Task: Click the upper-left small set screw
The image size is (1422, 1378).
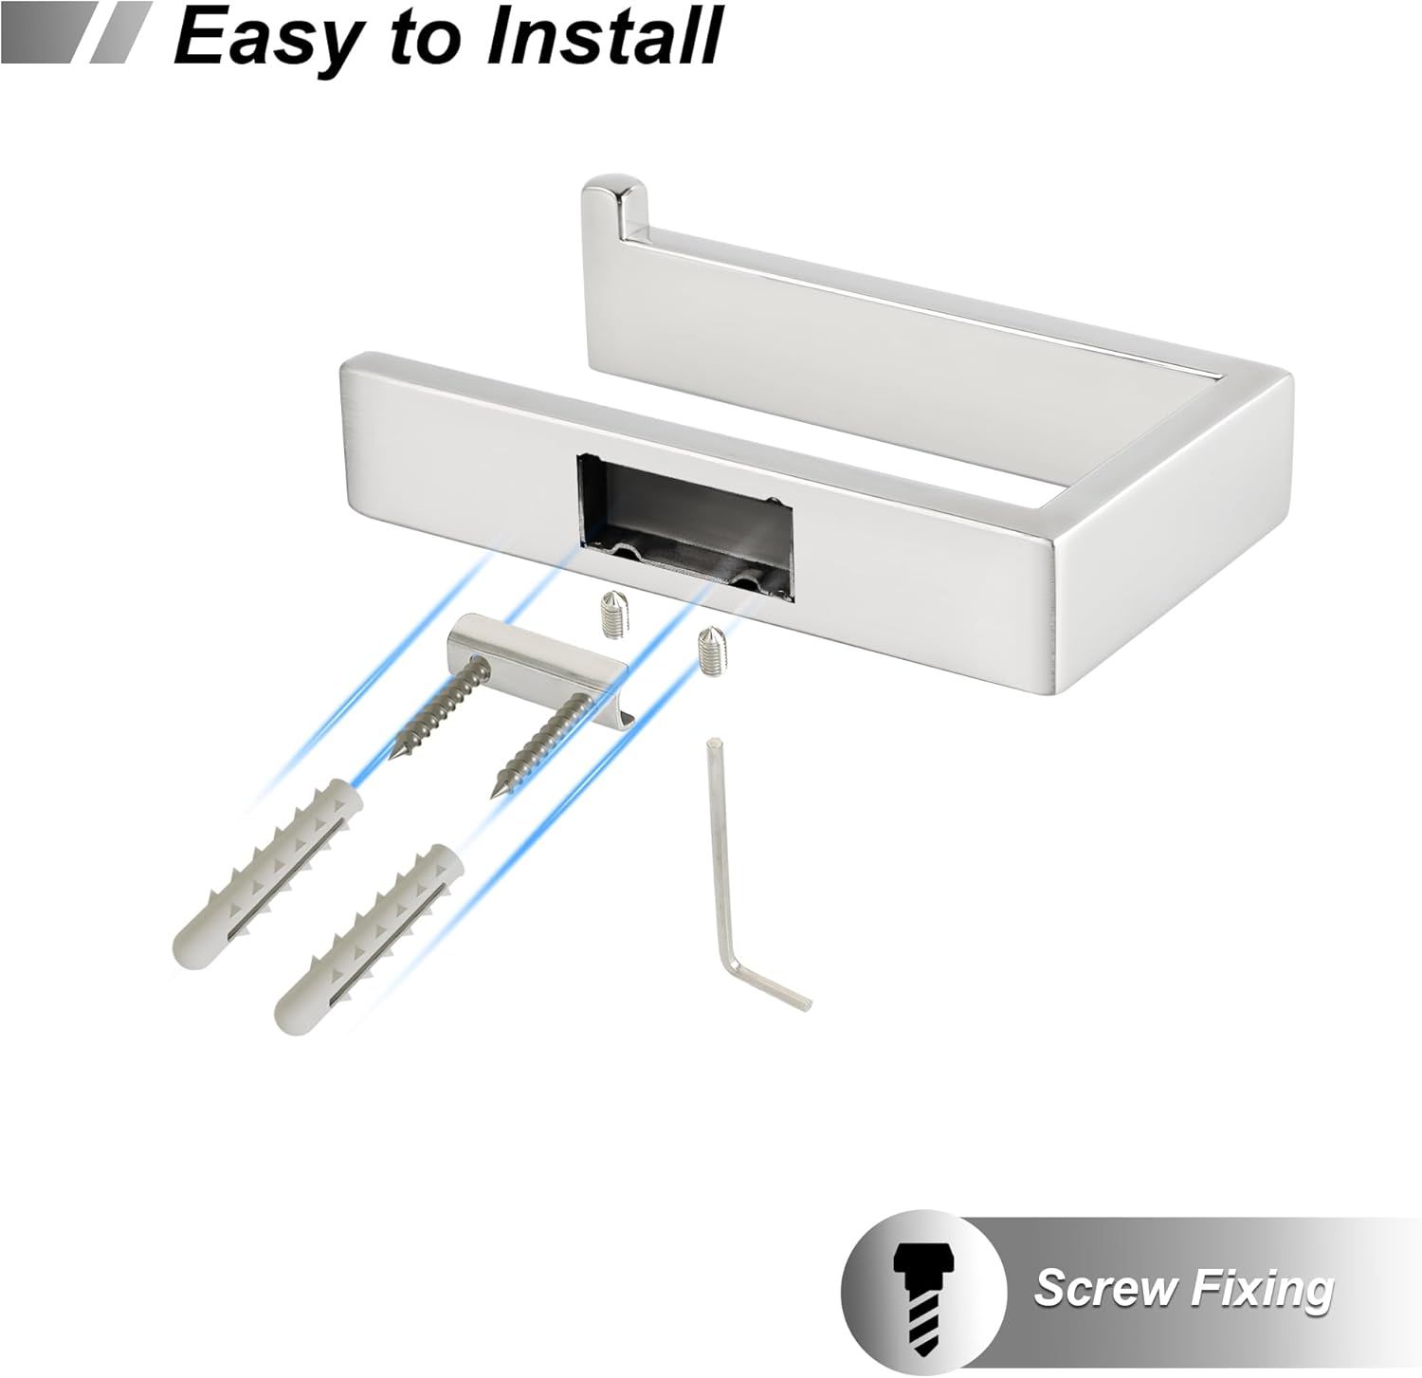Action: click(x=612, y=616)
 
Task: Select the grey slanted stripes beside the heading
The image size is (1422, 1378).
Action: click(x=77, y=32)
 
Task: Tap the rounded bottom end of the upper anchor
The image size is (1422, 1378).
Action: click(x=188, y=943)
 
